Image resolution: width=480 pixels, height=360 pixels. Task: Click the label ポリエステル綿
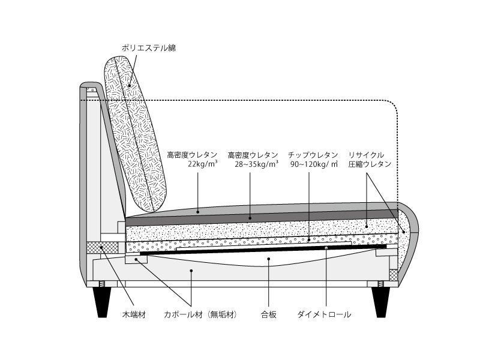point(149,47)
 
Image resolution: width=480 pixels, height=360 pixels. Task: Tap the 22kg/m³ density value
point(202,164)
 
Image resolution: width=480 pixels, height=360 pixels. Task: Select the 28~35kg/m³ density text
point(256,164)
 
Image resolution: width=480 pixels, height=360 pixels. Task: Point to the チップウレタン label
point(313,154)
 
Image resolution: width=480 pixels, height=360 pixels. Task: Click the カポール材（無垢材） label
point(200,314)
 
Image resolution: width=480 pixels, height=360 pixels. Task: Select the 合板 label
point(269,314)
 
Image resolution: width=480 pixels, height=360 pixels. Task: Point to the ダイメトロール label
point(324,314)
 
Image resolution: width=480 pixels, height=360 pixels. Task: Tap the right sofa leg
point(380,301)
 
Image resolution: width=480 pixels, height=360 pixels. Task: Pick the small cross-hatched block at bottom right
point(393,275)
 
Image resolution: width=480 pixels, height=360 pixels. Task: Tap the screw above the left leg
point(101,284)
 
